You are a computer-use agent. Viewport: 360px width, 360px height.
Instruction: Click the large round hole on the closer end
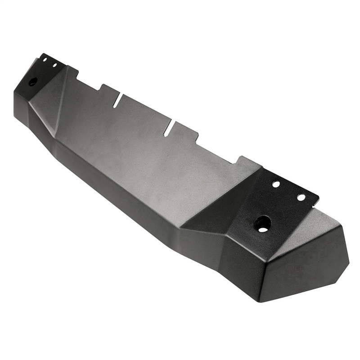coord(262,223)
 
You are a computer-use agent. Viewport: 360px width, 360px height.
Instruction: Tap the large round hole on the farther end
coord(33,82)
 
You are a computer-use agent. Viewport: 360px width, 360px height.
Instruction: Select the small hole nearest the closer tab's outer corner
coord(301,198)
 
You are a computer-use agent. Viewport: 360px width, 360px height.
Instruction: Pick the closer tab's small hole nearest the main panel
coord(276,184)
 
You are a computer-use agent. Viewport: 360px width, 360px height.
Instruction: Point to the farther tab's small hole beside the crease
coord(54,65)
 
